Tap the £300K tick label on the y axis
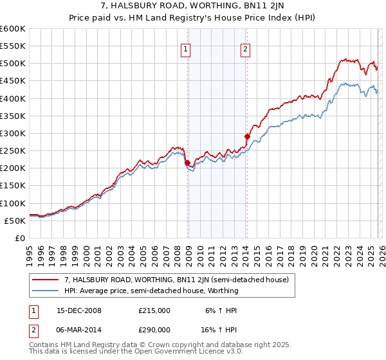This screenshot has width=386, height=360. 13,134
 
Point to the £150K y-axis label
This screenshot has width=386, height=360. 13,186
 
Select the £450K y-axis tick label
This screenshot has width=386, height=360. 13,81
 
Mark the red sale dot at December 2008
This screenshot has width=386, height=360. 187,163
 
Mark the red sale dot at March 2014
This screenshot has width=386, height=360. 247,136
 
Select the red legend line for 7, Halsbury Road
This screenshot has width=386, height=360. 46,280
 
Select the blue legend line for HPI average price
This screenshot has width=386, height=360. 46,291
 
